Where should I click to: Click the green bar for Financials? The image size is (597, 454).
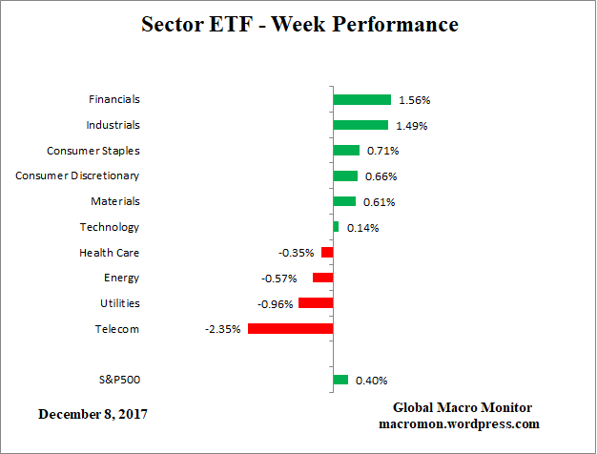[x=361, y=99]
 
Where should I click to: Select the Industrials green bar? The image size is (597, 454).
[x=360, y=125]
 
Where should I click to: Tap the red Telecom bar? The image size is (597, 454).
[x=290, y=328]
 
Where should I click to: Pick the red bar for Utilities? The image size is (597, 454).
[x=316, y=302]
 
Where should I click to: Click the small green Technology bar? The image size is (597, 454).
[x=336, y=226]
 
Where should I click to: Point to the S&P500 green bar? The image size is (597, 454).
[x=340, y=380]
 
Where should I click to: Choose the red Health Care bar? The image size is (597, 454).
[x=327, y=252]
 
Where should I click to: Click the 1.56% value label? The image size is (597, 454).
[x=412, y=100]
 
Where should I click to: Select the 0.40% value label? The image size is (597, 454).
[x=371, y=381]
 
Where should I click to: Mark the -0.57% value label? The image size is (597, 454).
[x=278, y=279]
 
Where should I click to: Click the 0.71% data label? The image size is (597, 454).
[x=382, y=151]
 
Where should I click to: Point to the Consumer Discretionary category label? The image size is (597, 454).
[x=77, y=175]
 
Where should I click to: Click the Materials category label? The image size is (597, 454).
[x=114, y=201]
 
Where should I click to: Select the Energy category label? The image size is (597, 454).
[x=121, y=278]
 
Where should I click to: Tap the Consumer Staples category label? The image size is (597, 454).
[x=93, y=151]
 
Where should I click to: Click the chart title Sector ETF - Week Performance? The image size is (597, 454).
[x=299, y=24]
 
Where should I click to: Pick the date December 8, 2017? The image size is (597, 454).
[x=93, y=415]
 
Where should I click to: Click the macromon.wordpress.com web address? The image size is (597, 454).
[x=460, y=423]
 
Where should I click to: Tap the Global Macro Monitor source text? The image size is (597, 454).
[x=463, y=407]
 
